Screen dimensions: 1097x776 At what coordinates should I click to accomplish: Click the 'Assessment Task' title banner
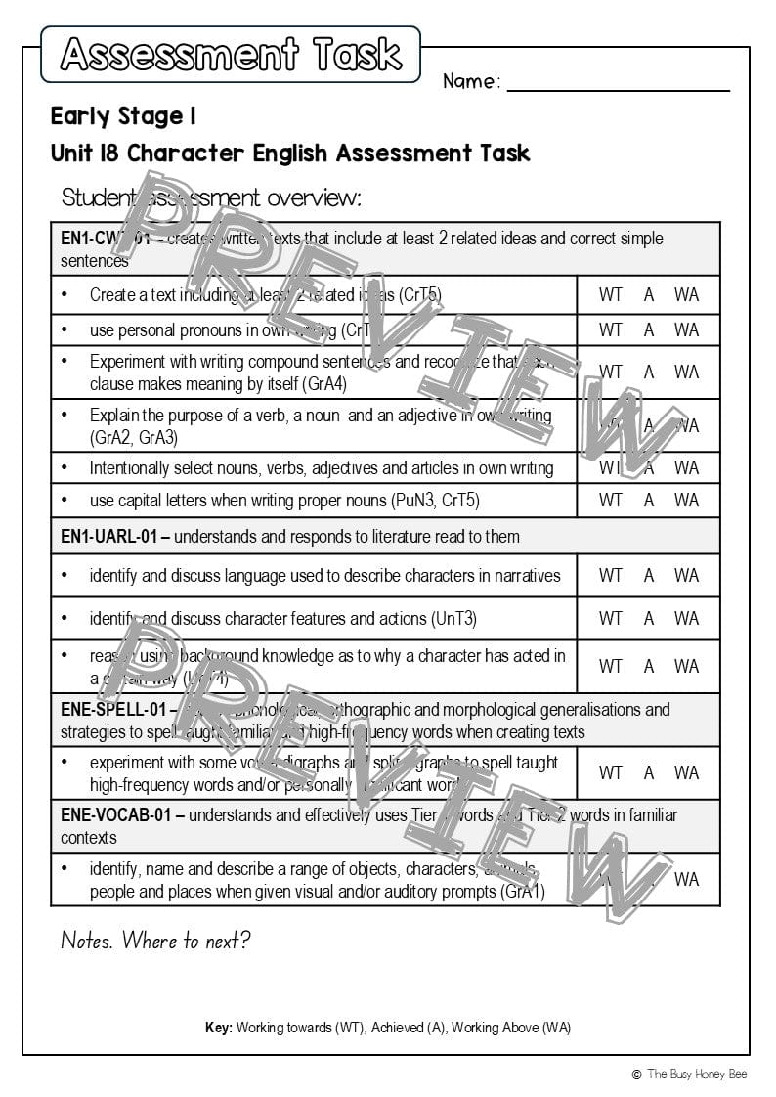(x=231, y=55)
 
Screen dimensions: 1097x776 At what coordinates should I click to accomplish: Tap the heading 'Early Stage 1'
(x=123, y=116)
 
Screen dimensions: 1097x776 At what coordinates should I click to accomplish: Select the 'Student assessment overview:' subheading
(x=211, y=197)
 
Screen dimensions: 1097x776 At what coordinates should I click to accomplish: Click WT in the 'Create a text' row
(x=611, y=294)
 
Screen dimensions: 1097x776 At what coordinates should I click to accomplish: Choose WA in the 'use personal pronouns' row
(x=686, y=329)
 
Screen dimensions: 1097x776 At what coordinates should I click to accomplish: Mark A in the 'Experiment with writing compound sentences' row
(x=649, y=372)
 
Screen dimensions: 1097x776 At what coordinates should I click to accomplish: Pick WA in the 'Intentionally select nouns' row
(x=686, y=467)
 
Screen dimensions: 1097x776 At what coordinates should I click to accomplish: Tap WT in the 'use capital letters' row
(x=611, y=500)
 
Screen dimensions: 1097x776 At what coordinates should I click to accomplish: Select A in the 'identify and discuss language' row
(x=649, y=575)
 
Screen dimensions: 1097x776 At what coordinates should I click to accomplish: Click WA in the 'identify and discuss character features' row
(x=686, y=618)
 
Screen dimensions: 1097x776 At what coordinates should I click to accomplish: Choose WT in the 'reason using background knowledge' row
(x=611, y=666)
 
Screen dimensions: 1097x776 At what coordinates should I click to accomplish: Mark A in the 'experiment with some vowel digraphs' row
(x=649, y=772)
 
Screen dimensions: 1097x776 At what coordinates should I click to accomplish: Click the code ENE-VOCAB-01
(x=115, y=814)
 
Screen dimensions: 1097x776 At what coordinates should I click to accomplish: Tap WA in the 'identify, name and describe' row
(x=686, y=879)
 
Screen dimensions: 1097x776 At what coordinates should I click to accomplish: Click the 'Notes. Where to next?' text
(x=155, y=941)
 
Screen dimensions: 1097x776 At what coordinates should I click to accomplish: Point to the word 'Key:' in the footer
(x=219, y=1028)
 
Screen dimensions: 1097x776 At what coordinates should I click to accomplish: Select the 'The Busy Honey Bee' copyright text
(x=696, y=1074)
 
